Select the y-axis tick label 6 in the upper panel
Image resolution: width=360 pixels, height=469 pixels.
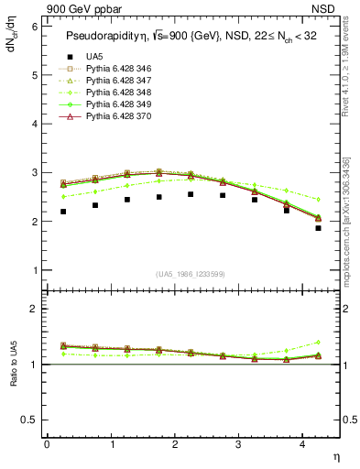click(35, 26)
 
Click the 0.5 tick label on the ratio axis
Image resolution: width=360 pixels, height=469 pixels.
click(30, 420)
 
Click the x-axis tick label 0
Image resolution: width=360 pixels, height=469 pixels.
click(47, 444)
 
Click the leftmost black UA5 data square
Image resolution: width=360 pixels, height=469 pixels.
click(63, 212)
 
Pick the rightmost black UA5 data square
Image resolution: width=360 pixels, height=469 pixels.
click(318, 228)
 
